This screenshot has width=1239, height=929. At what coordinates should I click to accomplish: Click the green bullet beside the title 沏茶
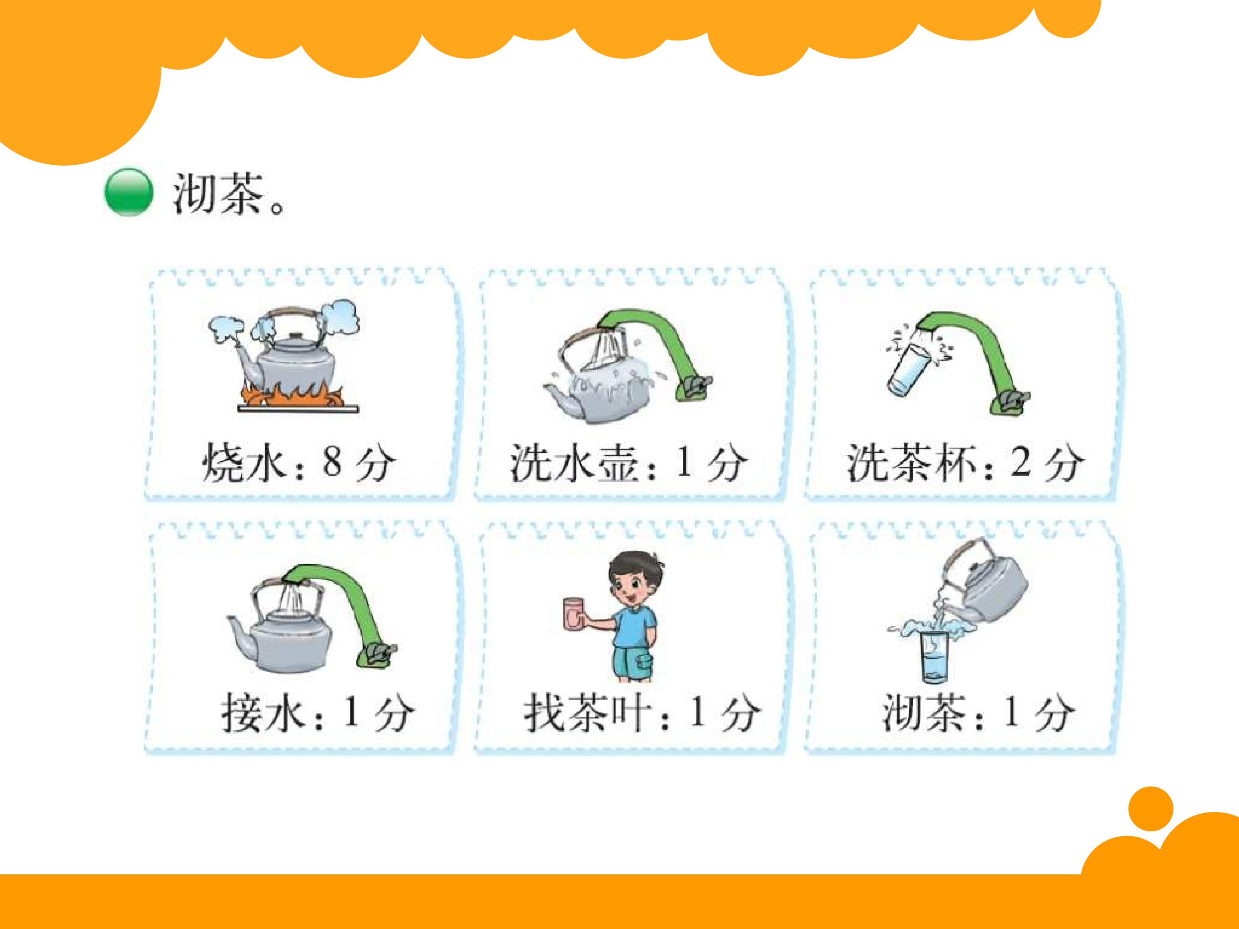tap(128, 192)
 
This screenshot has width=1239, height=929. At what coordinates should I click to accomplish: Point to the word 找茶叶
tap(588, 713)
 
